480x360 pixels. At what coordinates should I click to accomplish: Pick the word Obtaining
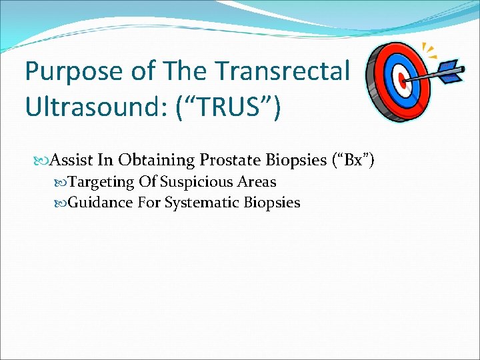pos(149,160)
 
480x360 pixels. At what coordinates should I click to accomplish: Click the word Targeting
pos(101,182)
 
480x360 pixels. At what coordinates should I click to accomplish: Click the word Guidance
pos(101,202)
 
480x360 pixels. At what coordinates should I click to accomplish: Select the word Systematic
pos(198,202)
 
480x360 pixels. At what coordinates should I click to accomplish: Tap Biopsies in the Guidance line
pos(272,202)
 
